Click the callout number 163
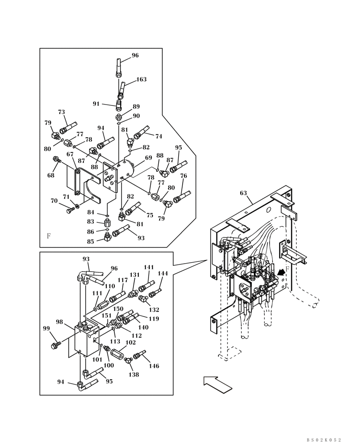(x=141, y=80)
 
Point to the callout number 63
(x=243, y=193)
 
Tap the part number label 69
(x=149, y=158)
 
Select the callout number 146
(x=154, y=366)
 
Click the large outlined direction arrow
(x=218, y=384)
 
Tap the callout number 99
(x=46, y=328)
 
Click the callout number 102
(x=130, y=342)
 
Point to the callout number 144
(x=163, y=274)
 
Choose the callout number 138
(x=133, y=374)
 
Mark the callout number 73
(x=61, y=112)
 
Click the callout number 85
(x=90, y=241)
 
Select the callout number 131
(x=134, y=275)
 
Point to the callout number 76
(x=184, y=176)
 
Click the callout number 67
(x=70, y=154)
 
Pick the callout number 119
(x=154, y=319)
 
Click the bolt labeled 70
(x=70, y=210)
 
